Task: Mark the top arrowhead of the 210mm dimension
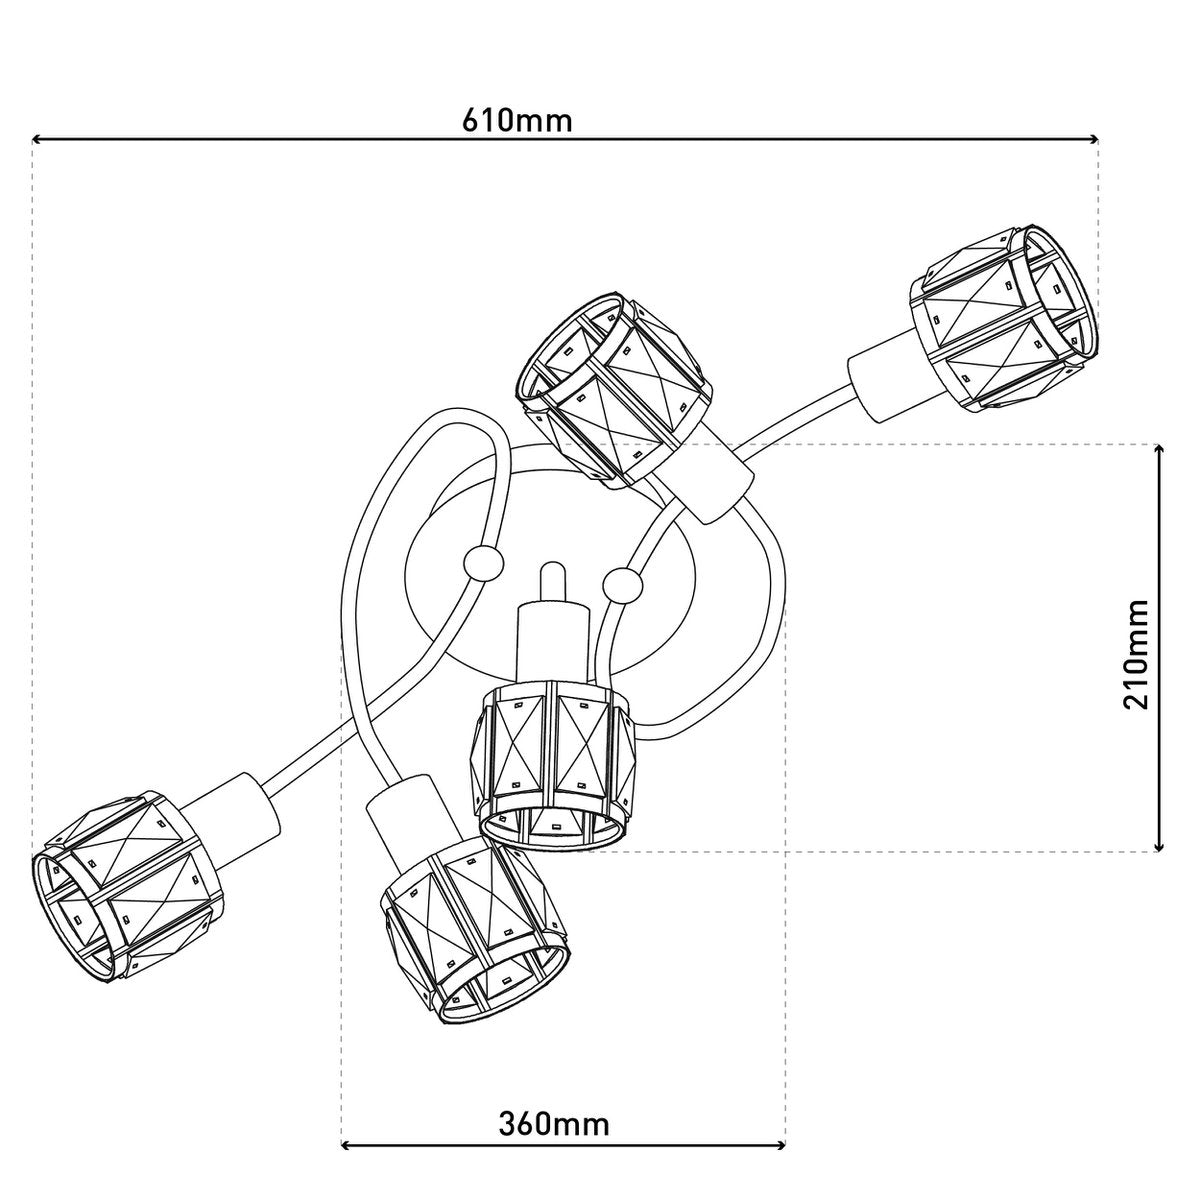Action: point(1159,452)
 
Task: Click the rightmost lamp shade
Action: point(1002,315)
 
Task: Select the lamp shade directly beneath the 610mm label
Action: point(614,385)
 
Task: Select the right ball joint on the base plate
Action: point(623,585)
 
